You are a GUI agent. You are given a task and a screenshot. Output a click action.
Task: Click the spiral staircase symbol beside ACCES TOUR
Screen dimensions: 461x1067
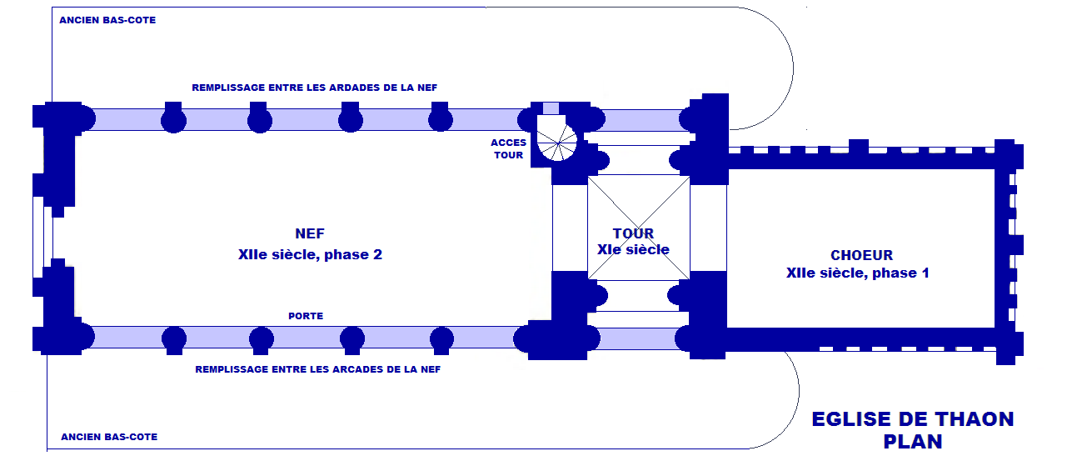pos(556,139)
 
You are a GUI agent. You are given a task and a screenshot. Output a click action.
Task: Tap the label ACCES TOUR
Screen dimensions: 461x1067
pos(508,148)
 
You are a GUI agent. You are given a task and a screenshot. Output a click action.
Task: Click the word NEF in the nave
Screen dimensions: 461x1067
pos(310,234)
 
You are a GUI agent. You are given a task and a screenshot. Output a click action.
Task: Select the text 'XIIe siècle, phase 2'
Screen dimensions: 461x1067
pos(310,254)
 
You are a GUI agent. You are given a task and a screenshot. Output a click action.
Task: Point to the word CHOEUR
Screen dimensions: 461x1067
pos(861,255)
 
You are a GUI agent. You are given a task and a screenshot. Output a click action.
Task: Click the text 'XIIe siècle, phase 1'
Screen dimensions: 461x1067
pos(857,273)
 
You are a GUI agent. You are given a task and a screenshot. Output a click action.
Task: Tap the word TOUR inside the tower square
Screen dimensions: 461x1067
pos(633,233)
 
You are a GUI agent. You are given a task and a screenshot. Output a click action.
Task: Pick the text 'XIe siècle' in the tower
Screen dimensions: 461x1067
pos(633,249)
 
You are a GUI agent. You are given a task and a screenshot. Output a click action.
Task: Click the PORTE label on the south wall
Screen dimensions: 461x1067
pos(306,316)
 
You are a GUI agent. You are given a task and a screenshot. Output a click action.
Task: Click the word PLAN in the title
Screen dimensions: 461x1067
pos(913,442)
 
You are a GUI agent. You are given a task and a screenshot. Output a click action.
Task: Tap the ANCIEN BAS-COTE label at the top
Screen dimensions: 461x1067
pos(107,20)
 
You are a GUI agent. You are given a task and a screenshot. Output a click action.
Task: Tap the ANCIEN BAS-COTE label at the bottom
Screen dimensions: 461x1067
pos(109,437)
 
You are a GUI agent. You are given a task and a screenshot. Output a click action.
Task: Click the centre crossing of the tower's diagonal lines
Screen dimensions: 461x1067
pos(639,227)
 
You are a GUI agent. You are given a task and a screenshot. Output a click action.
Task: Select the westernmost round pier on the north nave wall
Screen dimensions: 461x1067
pos(173,119)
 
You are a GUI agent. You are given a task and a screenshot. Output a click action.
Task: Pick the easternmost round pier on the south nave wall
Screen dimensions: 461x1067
pos(441,338)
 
